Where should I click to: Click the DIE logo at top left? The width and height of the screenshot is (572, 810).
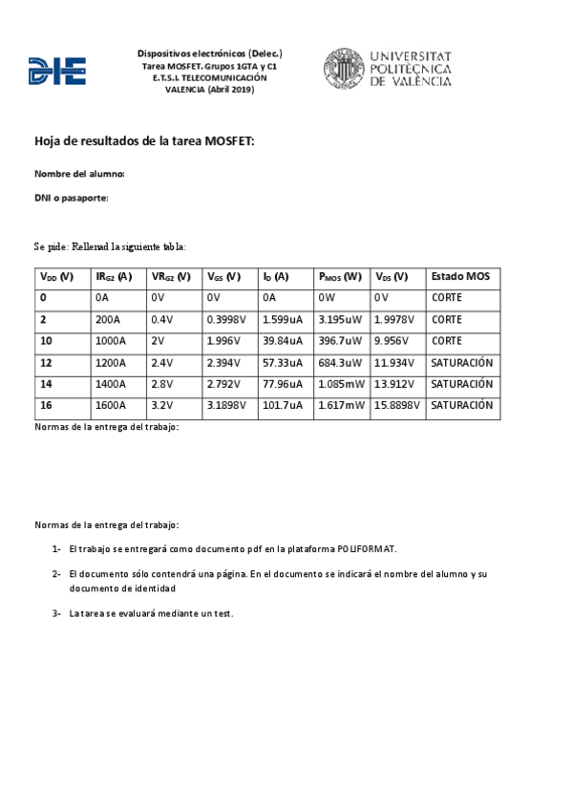[57, 71]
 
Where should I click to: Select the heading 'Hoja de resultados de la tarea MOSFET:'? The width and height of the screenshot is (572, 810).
[144, 141]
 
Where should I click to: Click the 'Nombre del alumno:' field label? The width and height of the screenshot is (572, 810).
[79, 174]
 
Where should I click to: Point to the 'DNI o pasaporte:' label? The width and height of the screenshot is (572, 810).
[71, 198]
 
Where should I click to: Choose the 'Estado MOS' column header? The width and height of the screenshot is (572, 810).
[460, 277]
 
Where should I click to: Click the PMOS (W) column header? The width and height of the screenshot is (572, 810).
[339, 277]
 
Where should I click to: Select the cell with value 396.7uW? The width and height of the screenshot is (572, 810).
[339, 341]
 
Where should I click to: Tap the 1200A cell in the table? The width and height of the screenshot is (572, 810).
[110, 363]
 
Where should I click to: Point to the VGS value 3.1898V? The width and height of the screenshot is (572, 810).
[226, 406]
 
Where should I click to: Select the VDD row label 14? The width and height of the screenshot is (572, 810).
[45, 384]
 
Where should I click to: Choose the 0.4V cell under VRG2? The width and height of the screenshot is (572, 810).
[161, 319]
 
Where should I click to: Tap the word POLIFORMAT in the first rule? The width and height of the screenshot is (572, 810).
[366, 549]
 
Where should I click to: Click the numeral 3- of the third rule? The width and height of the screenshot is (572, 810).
[57, 613]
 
